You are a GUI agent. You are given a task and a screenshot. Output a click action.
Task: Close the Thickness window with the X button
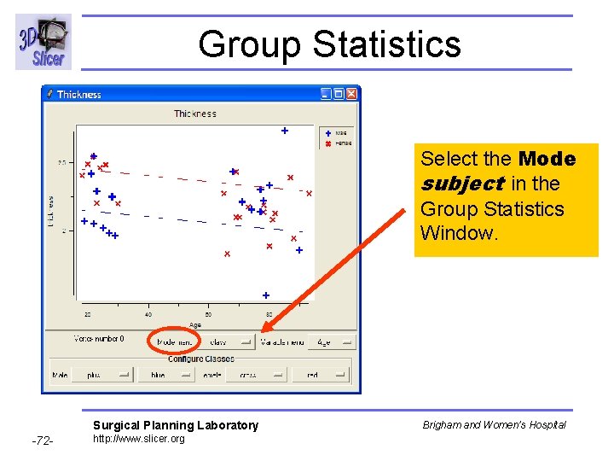coord(351,94)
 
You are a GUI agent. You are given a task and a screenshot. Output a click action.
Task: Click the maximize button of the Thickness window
coord(339,94)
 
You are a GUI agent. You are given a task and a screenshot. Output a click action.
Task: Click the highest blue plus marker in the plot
coord(285,131)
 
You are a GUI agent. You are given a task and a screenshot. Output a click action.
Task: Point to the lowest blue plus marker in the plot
coord(266,295)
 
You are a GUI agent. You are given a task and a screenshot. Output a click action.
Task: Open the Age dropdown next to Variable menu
coord(332,341)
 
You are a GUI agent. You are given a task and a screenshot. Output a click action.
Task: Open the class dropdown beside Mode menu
coord(227,341)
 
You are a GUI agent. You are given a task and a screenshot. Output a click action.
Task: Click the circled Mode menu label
coord(175,341)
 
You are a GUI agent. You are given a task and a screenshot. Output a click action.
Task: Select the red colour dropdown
coord(321,374)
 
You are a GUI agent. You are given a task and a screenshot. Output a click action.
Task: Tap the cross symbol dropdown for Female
coord(257,374)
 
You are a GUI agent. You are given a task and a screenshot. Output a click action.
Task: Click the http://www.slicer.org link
coord(138,439)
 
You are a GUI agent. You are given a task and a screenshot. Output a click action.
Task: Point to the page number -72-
coord(43,441)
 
